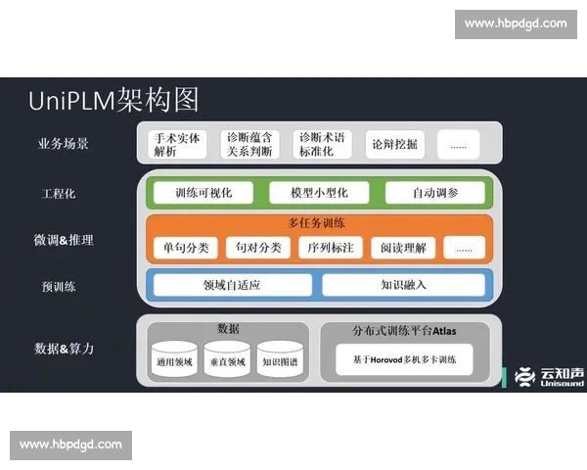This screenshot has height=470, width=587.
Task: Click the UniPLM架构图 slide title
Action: (x=113, y=99)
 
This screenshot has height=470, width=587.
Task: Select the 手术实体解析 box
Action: (x=178, y=144)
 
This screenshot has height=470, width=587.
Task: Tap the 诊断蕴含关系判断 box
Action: (x=249, y=144)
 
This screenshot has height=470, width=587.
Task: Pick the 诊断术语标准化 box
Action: (x=322, y=144)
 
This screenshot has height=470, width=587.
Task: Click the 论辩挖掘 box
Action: (x=394, y=144)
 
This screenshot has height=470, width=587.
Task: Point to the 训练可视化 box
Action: (x=203, y=193)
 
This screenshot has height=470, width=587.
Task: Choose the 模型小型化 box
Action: (x=319, y=193)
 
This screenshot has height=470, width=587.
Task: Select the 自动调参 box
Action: (x=434, y=193)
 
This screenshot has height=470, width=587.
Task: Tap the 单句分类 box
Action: (x=186, y=248)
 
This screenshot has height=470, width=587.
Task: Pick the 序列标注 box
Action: (x=332, y=248)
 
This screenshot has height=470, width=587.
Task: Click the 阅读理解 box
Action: (x=403, y=248)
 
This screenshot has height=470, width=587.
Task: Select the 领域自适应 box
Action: (x=231, y=285)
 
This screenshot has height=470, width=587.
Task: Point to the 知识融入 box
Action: (x=403, y=285)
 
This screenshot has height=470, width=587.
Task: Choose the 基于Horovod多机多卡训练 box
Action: (x=404, y=360)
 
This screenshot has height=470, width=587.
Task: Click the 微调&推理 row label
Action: (x=63, y=240)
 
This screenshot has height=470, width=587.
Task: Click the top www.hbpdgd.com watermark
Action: (x=516, y=23)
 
